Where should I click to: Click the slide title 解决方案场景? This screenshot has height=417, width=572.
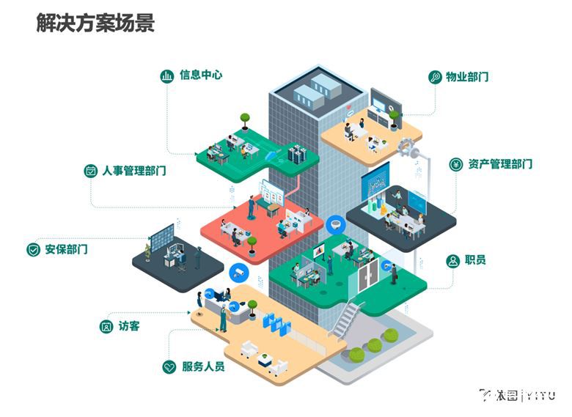(x=95, y=23)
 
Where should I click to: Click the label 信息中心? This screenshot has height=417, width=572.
(x=200, y=75)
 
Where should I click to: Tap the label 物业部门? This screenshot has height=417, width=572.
(x=467, y=77)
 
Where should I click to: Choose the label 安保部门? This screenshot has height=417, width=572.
(x=66, y=249)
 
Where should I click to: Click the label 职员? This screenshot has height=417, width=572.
(x=475, y=260)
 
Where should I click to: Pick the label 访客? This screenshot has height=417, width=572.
(x=128, y=326)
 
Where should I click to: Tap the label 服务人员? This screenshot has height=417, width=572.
(x=203, y=366)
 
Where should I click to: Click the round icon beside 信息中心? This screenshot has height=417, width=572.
(x=166, y=75)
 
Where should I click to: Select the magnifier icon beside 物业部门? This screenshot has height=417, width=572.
(x=434, y=77)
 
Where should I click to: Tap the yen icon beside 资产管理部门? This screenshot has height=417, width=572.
(x=455, y=164)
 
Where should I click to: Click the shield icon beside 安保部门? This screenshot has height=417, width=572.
(x=33, y=250)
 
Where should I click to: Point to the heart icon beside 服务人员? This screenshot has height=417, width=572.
(x=169, y=366)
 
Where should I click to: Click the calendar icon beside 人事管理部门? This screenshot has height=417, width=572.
(x=91, y=171)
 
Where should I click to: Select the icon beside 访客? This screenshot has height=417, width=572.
(x=106, y=326)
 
